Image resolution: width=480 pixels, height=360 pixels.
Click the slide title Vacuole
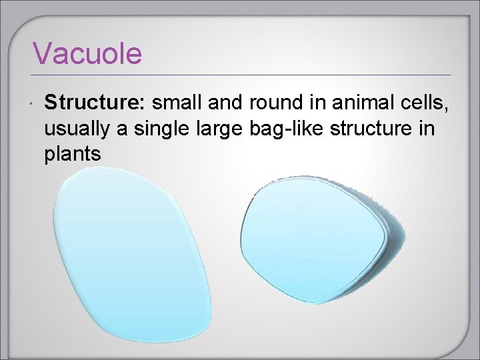tap(87, 53)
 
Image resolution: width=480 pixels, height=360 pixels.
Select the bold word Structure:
tap(95, 103)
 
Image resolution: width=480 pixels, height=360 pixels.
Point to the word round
tap(273, 103)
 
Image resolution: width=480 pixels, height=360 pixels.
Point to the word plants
tap(73, 155)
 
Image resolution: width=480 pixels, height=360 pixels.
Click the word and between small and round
tap(225, 103)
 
